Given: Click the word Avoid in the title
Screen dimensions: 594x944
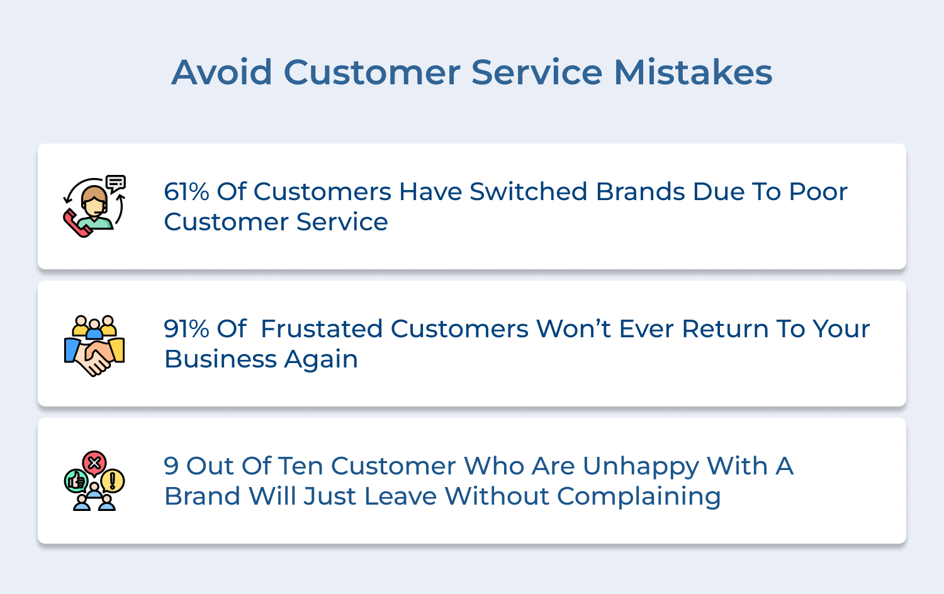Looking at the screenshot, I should pos(222,72).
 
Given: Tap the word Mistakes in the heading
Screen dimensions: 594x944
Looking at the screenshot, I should pos(693,72).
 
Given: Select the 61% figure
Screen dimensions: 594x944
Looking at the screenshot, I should pos(186,192).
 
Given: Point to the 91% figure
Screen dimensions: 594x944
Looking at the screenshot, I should pos(186,329).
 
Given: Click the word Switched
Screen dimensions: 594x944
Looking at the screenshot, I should pos(529,192).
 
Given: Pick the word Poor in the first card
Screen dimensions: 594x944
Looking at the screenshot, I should pos(818,192).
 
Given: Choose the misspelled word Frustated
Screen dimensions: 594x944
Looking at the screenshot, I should pos(322,329).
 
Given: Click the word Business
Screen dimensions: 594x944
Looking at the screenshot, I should pos(220,359).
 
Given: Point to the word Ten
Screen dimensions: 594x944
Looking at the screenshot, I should pos(300,466).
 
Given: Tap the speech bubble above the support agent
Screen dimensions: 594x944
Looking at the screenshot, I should pos(116,183).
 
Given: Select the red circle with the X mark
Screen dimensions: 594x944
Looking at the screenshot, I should pos(94,463).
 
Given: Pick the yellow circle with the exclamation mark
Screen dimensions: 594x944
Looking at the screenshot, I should pos(113,481).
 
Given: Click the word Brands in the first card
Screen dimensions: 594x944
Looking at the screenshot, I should pos(640,192).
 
